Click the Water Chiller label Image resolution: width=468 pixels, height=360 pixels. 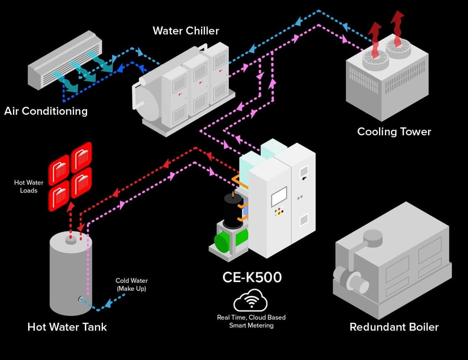[185, 31]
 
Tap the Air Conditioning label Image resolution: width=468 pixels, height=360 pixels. [46, 111]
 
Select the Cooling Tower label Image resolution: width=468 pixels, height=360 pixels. [394, 131]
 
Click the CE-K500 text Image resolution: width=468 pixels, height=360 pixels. [252, 277]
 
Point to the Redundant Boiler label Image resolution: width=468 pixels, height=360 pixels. [394, 327]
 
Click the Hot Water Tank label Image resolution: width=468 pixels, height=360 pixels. [67, 327]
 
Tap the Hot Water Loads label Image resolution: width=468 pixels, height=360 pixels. [29, 186]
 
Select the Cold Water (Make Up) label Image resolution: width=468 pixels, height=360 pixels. [131, 284]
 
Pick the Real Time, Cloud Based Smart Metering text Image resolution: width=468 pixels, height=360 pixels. [251, 321]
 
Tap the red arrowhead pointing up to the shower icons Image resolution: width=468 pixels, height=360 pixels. [69, 207]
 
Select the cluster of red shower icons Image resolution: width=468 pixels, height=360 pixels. [70, 175]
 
